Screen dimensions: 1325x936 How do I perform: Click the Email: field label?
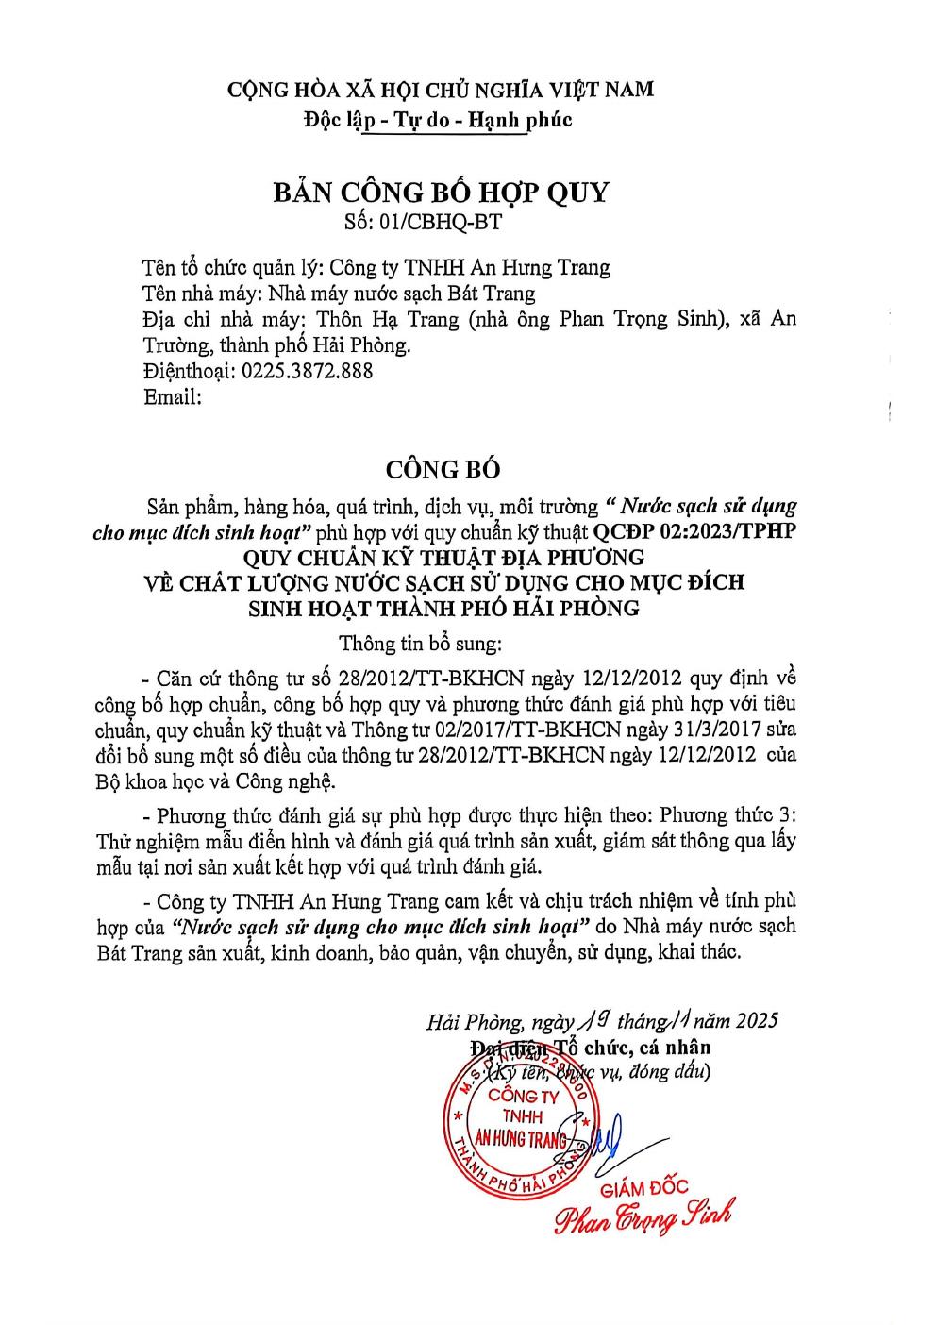pyautogui.click(x=173, y=396)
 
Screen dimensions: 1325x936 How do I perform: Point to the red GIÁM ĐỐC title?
pyautogui.click(x=644, y=1188)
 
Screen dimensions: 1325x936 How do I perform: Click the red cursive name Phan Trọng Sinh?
pyautogui.click(x=643, y=1218)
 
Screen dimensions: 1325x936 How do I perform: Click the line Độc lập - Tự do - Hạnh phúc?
pyautogui.click(x=438, y=120)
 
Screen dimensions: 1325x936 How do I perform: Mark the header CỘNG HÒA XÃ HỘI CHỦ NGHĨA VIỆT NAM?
pyautogui.click(x=441, y=90)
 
